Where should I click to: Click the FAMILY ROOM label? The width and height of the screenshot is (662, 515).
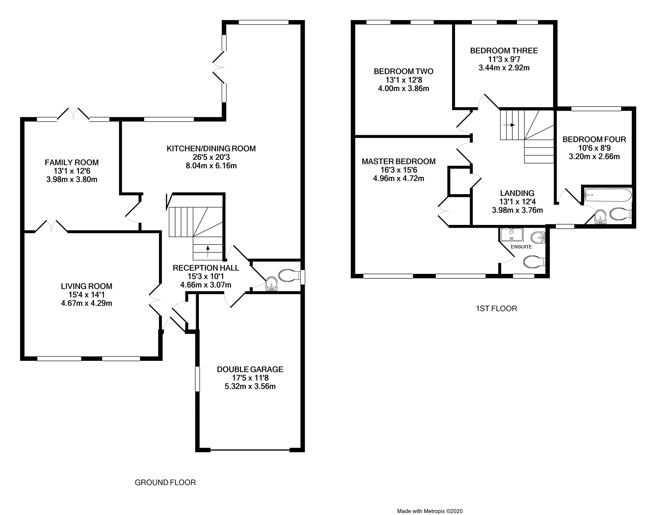point(72,162)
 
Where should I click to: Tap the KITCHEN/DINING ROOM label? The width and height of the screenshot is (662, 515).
point(211,149)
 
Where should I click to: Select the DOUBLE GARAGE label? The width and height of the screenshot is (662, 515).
point(250,369)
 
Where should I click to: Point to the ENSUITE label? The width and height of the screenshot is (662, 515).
point(522,247)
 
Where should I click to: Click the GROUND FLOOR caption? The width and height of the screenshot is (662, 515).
point(165,483)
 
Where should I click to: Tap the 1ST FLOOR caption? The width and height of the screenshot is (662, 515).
point(496,309)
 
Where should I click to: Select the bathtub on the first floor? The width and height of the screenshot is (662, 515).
point(607,196)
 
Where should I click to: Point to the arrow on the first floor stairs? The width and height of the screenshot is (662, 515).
point(510,125)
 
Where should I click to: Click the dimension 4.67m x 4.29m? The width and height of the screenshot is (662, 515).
point(87,304)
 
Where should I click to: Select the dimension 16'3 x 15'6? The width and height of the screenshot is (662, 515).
point(399,170)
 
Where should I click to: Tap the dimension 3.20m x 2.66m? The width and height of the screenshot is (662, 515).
point(594,157)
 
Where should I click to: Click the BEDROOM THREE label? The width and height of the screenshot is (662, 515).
point(504,51)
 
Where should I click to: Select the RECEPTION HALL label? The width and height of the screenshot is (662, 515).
point(206,268)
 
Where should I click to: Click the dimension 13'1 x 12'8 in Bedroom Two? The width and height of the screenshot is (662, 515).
point(404,80)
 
